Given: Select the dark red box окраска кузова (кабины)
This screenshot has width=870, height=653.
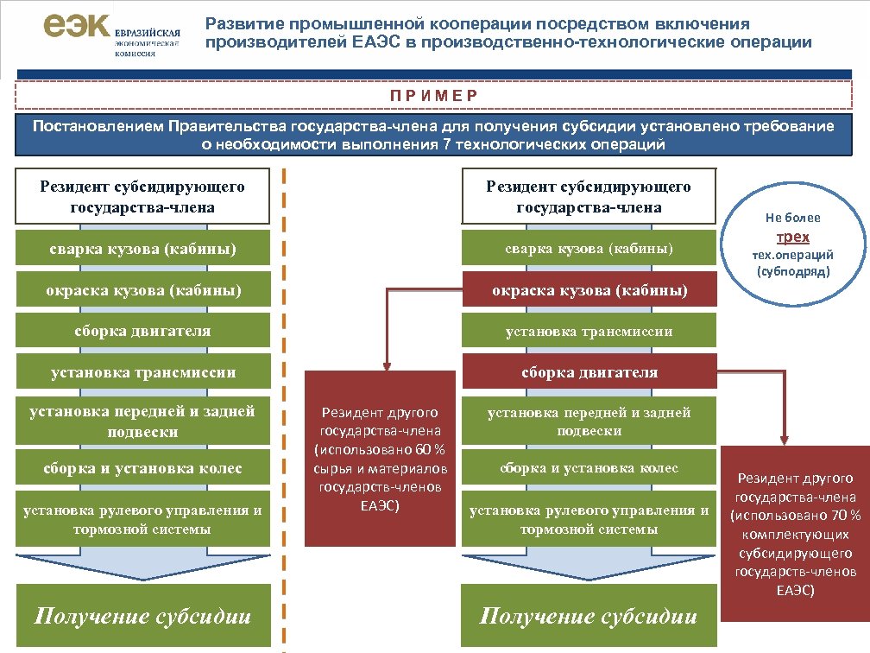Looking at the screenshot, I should pos(589,290).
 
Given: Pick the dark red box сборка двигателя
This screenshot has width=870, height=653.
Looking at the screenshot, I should pos(589,372).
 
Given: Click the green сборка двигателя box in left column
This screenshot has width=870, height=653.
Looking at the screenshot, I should pos(142,331).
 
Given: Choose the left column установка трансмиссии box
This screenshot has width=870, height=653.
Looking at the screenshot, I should pos(142,372).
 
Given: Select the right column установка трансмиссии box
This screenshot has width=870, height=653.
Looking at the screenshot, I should pos(589,331).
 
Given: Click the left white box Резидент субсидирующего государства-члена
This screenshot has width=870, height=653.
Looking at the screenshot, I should pos(142,197).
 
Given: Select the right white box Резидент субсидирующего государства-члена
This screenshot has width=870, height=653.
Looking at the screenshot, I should pos(589,197).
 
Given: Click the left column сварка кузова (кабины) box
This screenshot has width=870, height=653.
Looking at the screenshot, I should pos(142,250).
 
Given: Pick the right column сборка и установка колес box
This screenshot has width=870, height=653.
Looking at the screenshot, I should pos(589,468).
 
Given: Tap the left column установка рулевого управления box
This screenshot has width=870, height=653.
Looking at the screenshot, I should pos(142,519).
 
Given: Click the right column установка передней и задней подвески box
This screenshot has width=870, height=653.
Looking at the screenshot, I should pos(589,422).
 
